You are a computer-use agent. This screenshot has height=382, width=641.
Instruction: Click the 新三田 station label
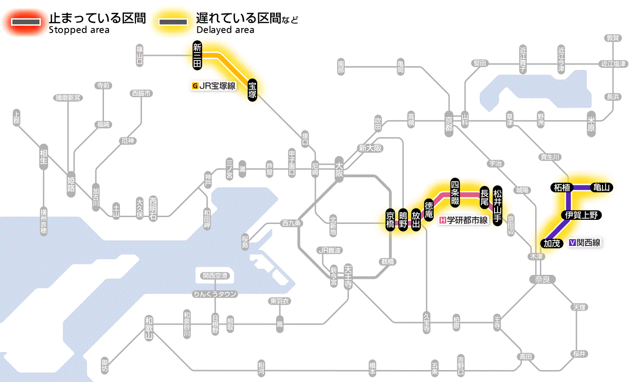(x=197, y=55)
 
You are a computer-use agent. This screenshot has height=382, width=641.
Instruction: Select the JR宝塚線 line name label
(x=215, y=85)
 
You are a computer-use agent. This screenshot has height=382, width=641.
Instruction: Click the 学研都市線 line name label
(x=464, y=220)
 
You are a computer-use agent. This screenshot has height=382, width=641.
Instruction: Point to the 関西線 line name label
(x=585, y=243)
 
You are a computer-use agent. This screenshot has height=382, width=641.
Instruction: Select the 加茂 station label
(x=552, y=243)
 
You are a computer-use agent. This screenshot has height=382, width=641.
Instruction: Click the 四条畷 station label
(x=455, y=191)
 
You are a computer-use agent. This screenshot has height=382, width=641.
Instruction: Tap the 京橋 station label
(x=390, y=220)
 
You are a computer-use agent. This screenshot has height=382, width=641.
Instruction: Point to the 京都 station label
(x=449, y=122)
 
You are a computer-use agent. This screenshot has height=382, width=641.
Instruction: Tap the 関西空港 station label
(x=215, y=276)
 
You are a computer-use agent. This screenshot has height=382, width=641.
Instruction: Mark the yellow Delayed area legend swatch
(x=173, y=22)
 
